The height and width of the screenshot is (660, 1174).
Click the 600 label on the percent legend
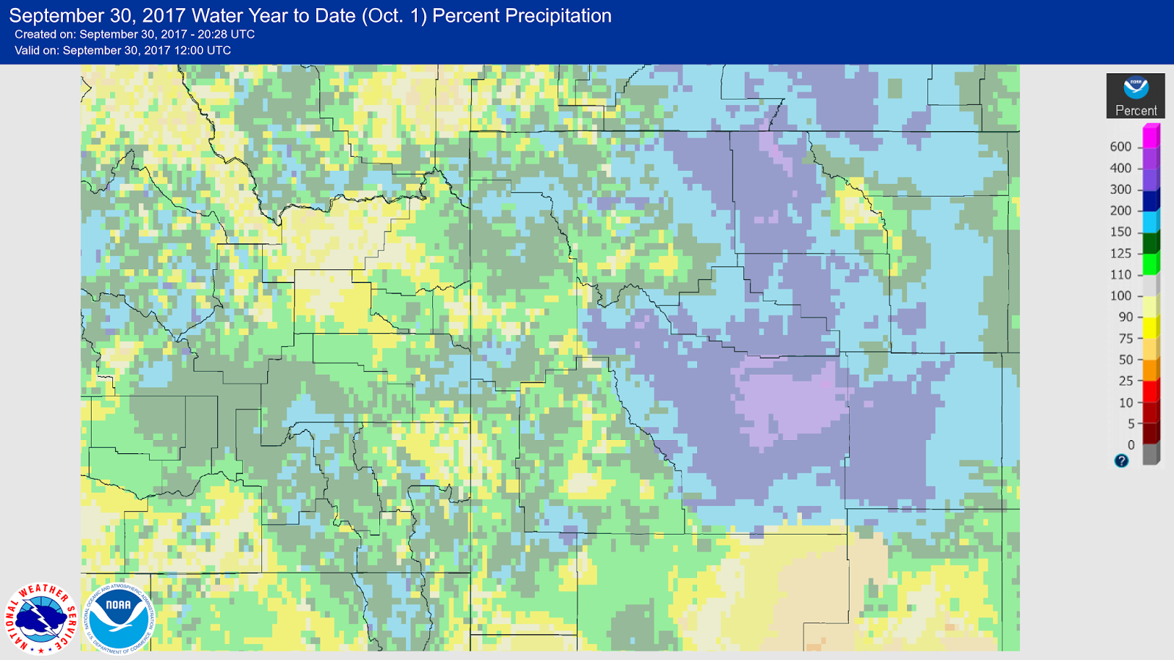(x=1120, y=147)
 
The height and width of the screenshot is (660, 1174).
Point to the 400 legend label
(x=1120, y=168)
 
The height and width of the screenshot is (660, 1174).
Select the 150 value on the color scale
(x=1120, y=232)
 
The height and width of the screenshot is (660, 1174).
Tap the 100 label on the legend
(x=1120, y=296)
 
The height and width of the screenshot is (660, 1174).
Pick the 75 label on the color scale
(x=1126, y=338)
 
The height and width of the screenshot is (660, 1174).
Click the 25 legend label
(x=1126, y=381)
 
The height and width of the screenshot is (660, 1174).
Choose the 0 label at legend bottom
(x=1131, y=444)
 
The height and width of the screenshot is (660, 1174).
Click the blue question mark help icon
(x=1121, y=461)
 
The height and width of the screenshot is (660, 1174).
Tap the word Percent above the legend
(x=1136, y=111)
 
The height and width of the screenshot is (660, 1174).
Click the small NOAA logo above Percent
(x=1136, y=87)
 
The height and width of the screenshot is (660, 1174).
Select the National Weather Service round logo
(x=41, y=617)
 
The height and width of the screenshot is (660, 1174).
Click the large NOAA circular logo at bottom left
(x=118, y=617)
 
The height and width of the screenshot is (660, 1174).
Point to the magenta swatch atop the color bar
(x=1151, y=136)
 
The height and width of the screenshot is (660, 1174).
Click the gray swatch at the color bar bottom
(x=1151, y=454)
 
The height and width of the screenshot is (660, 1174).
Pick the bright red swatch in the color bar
(x=1151, y=391)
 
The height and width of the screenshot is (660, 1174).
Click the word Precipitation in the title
(x=522, y=15)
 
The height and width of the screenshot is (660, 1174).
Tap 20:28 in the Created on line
(x=210, y=34)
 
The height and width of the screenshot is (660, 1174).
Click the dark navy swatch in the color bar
(x=1151, y=200)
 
